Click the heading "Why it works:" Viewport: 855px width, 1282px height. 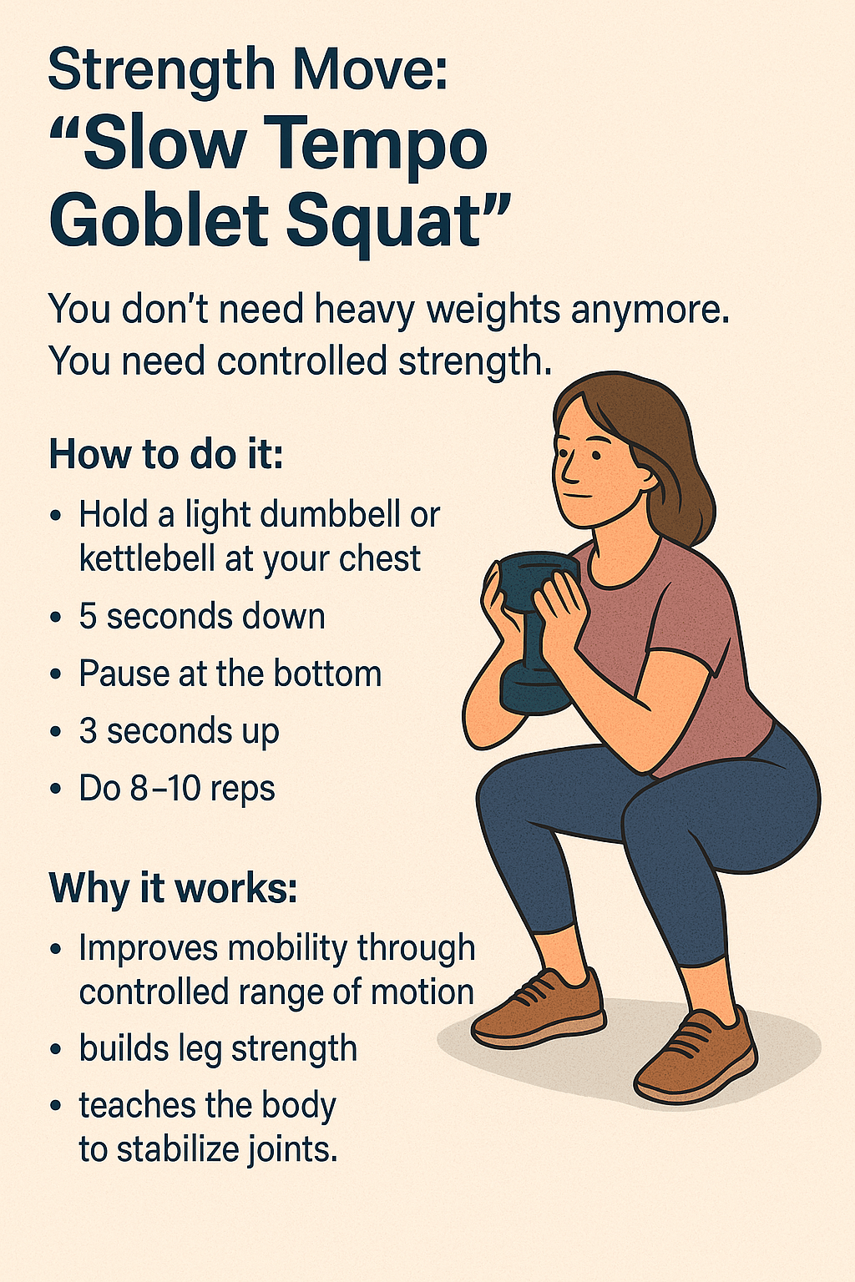tap(174, 888)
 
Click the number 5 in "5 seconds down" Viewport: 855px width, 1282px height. tap(89, 617)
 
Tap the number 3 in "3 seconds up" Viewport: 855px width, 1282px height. tap(89, 731)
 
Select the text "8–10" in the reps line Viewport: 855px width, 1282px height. tap(165, 788)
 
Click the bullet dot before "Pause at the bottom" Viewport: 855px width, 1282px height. tap(56, 674)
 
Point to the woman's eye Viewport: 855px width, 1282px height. tap(595, 457)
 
